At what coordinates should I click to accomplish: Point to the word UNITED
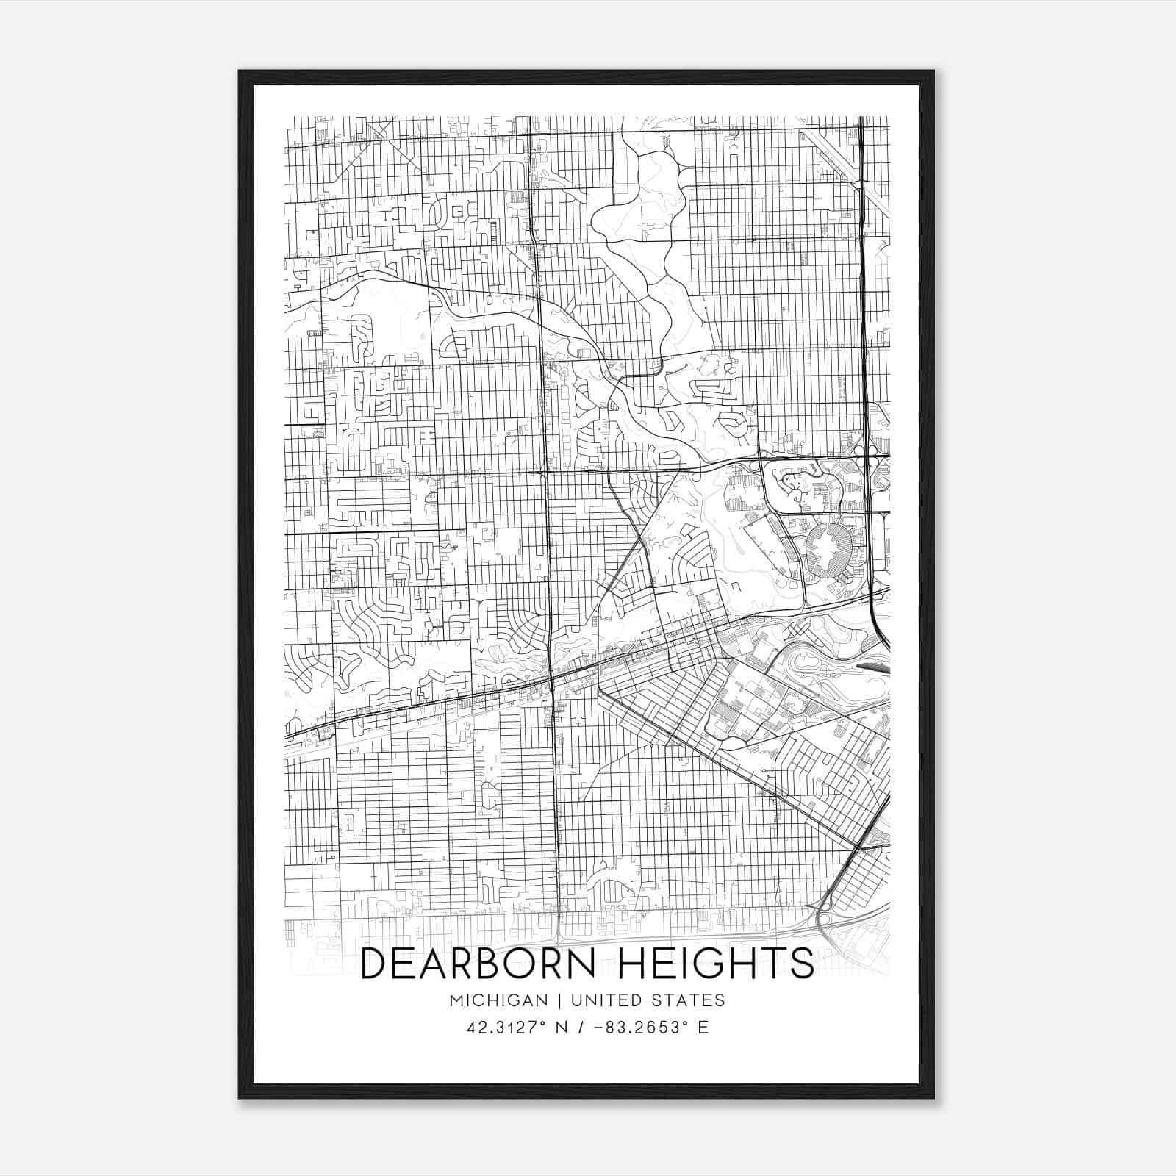point(601,1000)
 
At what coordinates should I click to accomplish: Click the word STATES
point(689,1000)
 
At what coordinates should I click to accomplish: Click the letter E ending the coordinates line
point(703,1028)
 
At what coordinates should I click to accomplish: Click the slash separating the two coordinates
point(581,1028)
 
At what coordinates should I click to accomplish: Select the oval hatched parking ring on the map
point(830,550)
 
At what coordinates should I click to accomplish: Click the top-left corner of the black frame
point(240,72)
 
